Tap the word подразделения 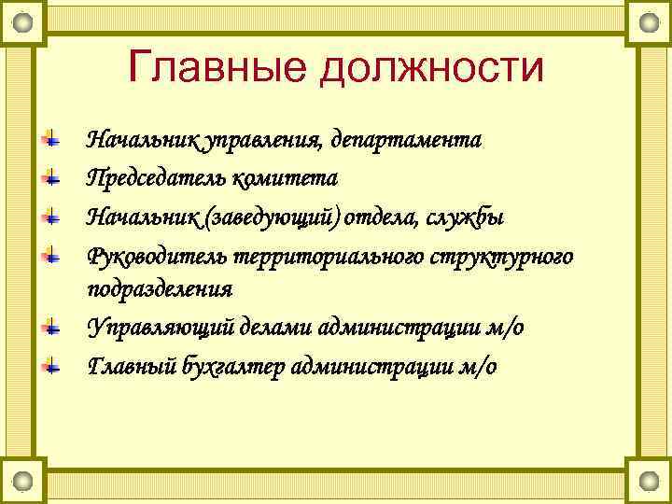click(x=159, y=288)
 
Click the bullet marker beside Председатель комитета click(x=54, y=176)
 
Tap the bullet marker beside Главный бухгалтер click(x=54, y=364)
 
